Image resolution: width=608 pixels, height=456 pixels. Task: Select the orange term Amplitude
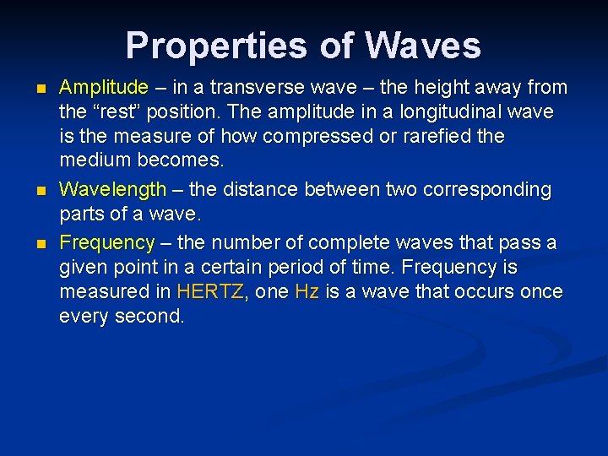(104, 87)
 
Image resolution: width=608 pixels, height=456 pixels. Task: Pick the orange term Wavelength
(113, 190)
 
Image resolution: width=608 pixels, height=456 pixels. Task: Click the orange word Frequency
(107, 242)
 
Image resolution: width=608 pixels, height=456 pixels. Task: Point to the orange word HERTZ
(209, 292)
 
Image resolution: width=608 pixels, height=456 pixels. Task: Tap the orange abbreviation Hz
(305, 292)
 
